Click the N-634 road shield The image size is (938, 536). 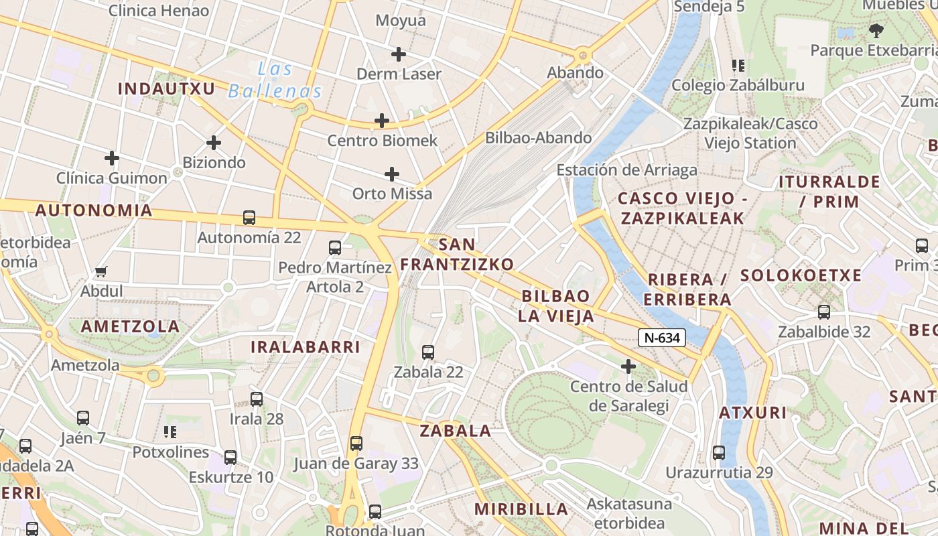coord(661,338)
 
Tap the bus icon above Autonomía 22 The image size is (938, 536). coord(249,218)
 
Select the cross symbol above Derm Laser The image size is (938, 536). coord(399,54)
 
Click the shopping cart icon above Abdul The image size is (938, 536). coord(101,272)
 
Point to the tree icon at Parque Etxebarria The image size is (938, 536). coord(875,30)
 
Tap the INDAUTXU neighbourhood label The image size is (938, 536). coord(166,88)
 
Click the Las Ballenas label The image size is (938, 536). coord(275,80)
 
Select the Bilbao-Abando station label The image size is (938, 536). coord(539,138)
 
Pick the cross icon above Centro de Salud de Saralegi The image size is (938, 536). coord(628,366)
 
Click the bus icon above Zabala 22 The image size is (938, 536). coord(428,352)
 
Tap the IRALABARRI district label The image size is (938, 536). coord(306,347)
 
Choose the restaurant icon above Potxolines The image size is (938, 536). coord(170,432)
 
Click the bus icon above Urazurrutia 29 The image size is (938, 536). coord(719,453)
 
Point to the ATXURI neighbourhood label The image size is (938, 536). coord(753,413)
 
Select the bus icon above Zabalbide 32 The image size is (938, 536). coord(824,312)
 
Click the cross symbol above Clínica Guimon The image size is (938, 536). coord(112,159)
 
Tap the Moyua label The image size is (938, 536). coord(401,21)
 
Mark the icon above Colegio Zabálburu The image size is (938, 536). coord(738,66)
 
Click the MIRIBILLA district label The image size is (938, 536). coord(521,509)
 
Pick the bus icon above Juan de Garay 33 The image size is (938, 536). coord(356,444)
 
